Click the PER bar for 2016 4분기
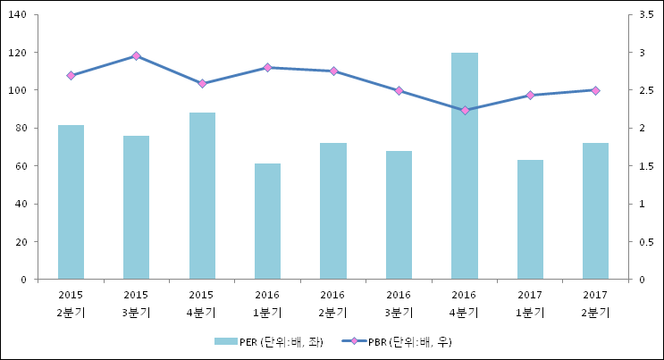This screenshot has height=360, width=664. [464, 166]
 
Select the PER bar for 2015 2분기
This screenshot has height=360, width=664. [71, 202]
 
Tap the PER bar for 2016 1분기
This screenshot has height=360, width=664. [267, 222]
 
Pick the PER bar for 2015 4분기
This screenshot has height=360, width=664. [202, 196]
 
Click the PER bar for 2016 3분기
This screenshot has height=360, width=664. [399, 215]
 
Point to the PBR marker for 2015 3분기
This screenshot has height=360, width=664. [136, 55]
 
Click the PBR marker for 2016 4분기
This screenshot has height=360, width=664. [465, 110]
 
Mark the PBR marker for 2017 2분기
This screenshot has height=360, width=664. [595, 90]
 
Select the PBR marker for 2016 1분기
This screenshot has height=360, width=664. [267, 68]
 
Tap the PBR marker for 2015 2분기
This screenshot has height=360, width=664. [71, 76]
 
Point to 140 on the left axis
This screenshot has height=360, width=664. [19, 15]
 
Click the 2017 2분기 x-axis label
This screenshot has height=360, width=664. [595, 304]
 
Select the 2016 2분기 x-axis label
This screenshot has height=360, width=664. [333, 304]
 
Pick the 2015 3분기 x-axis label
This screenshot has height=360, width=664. [136, 304]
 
